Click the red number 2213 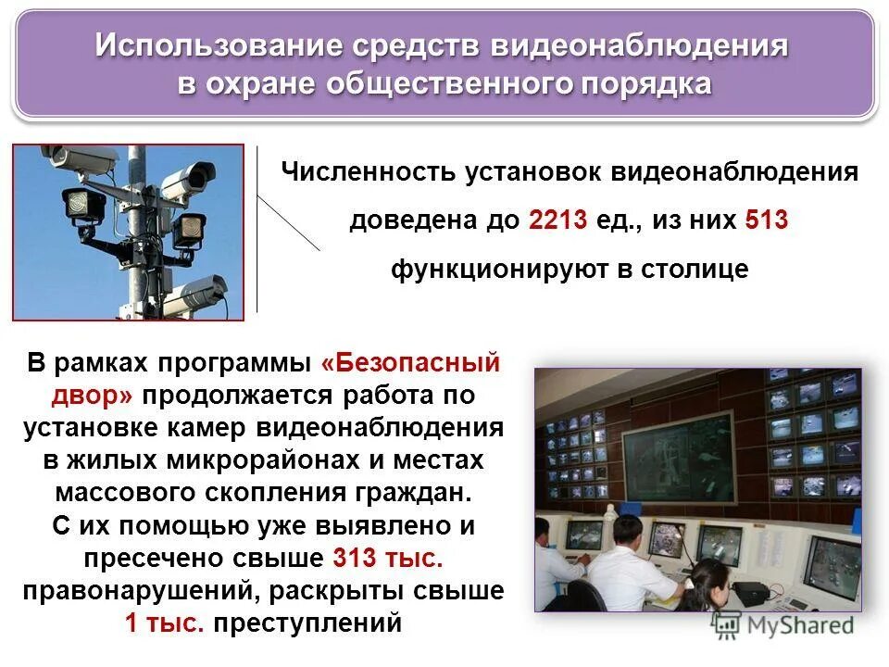558,221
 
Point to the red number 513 766,221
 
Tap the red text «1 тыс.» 164,623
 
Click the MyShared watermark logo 782,626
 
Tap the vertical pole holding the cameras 136,232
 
